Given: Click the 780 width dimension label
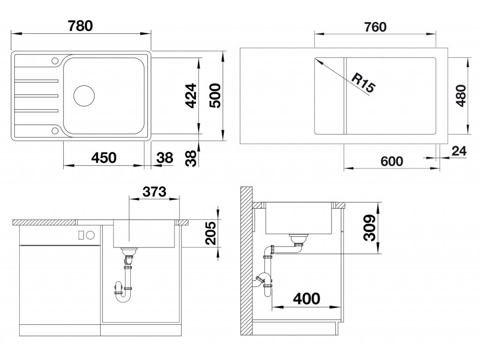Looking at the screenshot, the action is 80,26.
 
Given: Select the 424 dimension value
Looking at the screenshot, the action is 191,96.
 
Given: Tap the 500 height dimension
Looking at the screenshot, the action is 215,96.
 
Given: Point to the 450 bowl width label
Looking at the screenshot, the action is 104,157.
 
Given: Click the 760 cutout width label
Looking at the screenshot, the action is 375,27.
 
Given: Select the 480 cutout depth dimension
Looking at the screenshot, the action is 461,96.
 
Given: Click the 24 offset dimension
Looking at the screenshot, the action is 459,151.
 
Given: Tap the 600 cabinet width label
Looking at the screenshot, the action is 392,161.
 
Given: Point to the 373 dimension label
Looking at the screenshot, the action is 154,192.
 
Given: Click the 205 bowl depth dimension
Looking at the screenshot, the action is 210,233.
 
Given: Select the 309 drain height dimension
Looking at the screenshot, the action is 370,228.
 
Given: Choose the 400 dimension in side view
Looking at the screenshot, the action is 307,299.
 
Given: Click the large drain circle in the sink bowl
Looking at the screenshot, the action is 84,95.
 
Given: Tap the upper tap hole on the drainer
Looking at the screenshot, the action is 55,60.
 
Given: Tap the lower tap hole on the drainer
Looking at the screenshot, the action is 55,131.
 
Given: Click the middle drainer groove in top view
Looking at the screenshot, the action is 36,96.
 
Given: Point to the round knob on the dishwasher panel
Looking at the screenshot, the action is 90,235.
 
